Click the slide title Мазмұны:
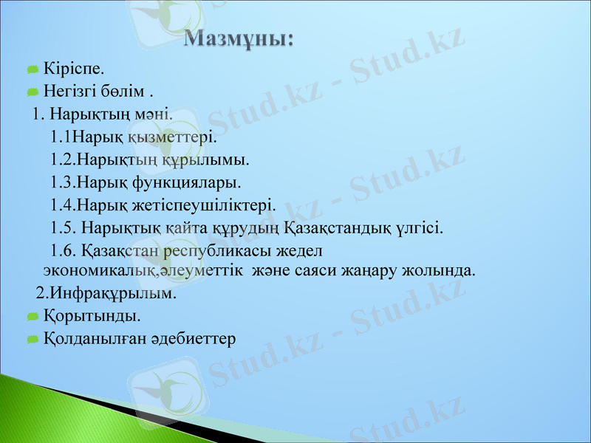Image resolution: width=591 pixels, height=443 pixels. point(239,40)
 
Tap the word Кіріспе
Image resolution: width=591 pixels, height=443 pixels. point(73,69)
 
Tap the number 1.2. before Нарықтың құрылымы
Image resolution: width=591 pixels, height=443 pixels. point(64,159)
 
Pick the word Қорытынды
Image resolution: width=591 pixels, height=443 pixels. point(92,316)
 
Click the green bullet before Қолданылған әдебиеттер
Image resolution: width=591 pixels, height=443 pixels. point(33,340)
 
